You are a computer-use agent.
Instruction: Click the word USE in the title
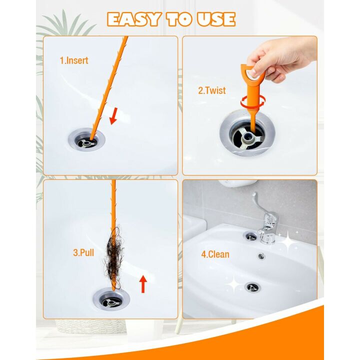215,19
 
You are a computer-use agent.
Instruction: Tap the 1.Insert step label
73,60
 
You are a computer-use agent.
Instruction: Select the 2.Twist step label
211,90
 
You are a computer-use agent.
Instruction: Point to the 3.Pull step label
82,252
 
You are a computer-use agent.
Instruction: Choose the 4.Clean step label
215,254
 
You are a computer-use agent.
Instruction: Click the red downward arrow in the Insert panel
114,116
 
